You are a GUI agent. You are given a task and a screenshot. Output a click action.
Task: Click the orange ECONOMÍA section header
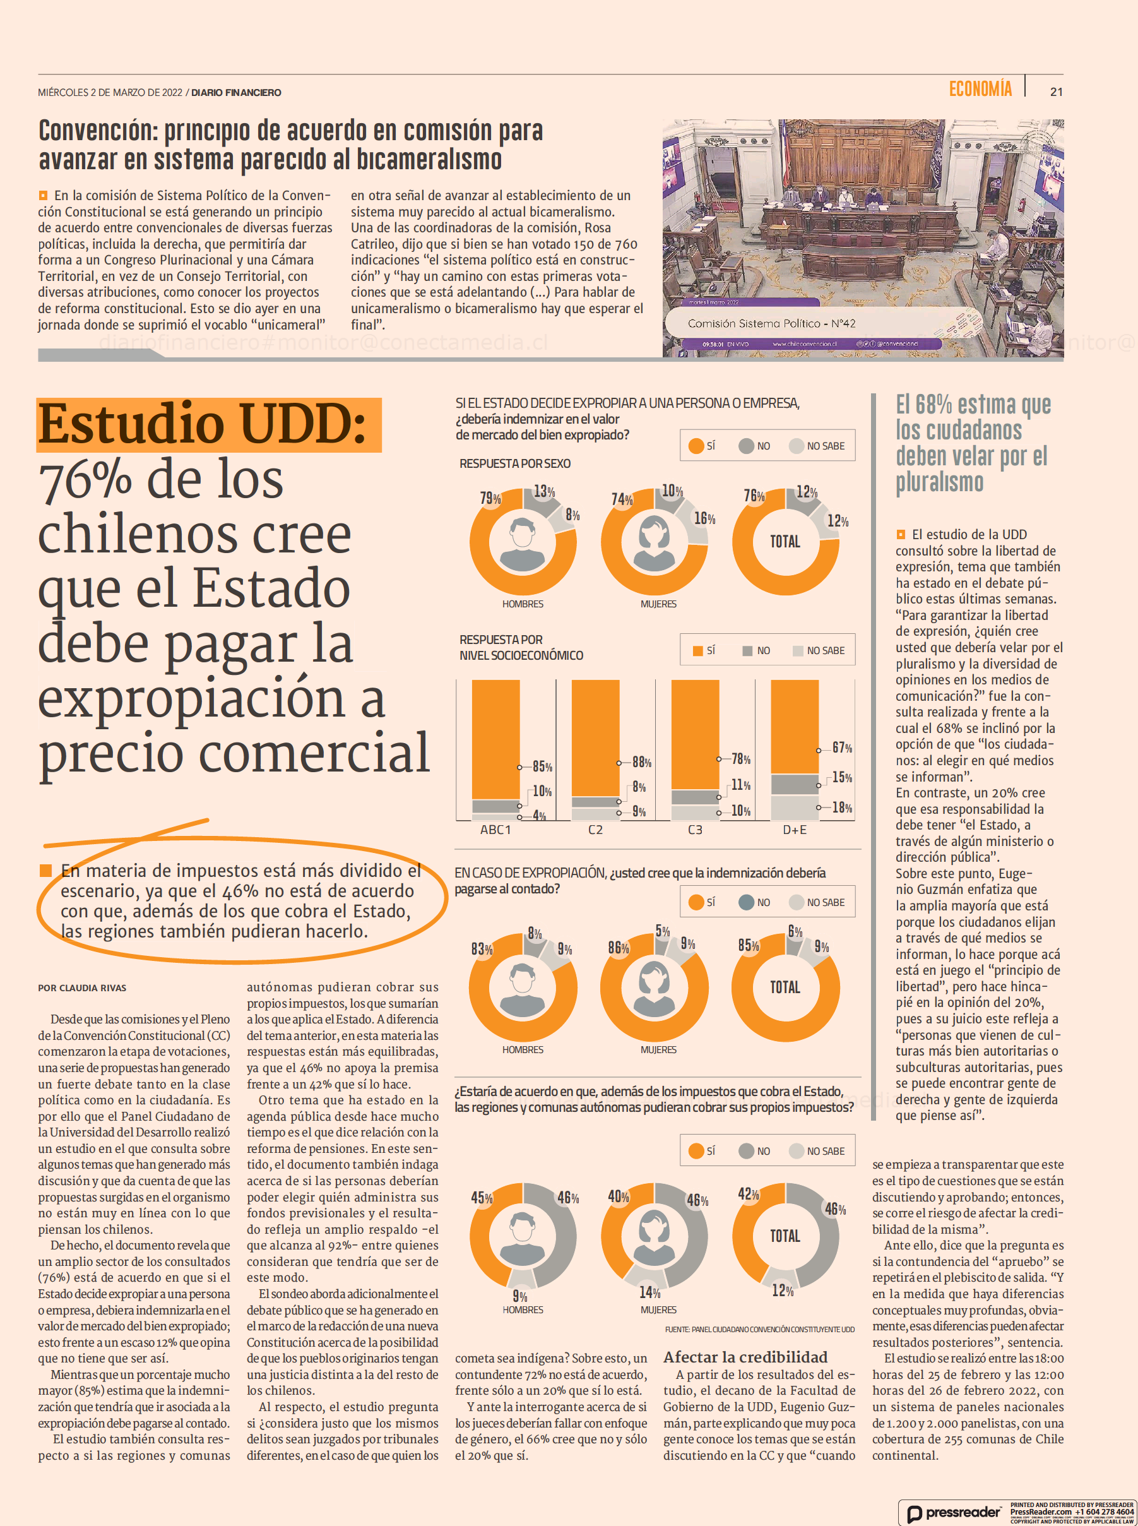[980, 89]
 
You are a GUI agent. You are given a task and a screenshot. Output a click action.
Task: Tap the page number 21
[1056, 92]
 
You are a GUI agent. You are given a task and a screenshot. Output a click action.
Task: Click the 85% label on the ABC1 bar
[542, 767]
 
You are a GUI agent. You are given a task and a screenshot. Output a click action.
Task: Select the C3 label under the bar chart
[695, 830]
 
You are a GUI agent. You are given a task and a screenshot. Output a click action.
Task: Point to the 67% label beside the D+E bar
[842, 748]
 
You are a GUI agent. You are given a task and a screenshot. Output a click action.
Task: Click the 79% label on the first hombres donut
[490, 498]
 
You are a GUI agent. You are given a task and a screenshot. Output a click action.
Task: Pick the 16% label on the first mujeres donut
[704, 518]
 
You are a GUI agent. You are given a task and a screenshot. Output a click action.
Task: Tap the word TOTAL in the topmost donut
[785, 542]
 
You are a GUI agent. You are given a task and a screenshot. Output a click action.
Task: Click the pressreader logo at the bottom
[954, 1512]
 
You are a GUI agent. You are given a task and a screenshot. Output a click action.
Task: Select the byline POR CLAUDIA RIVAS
[82, 988]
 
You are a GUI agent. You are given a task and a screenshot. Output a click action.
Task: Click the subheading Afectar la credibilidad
[745, 1357]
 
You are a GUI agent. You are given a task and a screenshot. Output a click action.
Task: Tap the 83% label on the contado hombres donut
[482, 949]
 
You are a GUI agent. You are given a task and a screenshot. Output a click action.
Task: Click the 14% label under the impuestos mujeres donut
[649, 1292]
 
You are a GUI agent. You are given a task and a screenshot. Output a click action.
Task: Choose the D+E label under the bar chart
[794, 830]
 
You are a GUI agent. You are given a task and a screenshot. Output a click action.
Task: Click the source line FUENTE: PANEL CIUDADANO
[759, 1329]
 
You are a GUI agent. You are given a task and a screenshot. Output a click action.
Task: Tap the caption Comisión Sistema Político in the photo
[771, 323]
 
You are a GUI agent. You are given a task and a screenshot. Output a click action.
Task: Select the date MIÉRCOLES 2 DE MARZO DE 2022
[110, 92]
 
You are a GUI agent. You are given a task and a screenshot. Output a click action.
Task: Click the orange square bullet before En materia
[45, 871]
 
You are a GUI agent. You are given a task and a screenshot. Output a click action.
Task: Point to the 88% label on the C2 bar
[641, 762]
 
